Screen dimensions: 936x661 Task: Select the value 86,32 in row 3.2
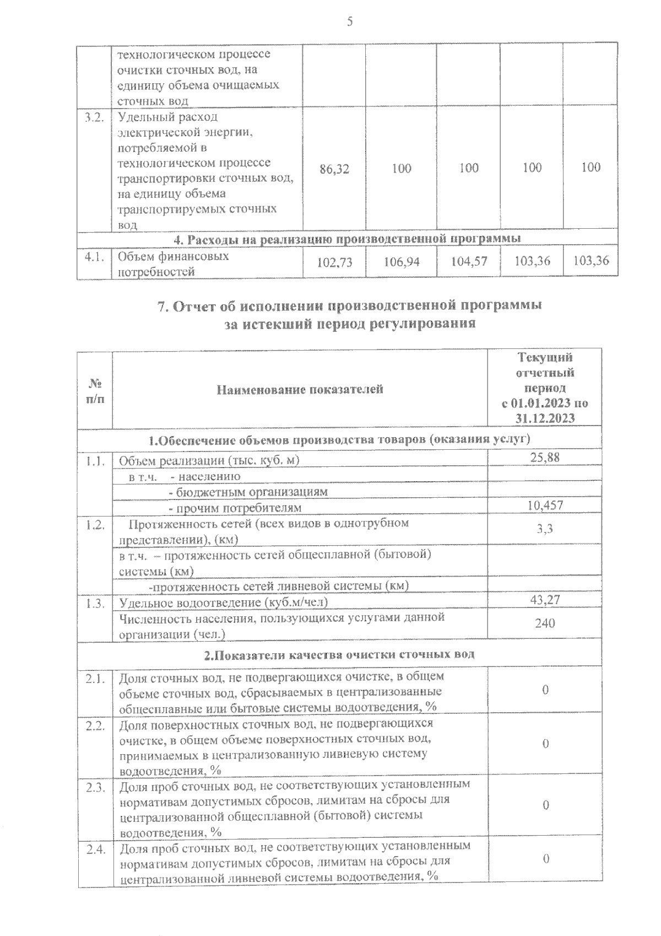334,169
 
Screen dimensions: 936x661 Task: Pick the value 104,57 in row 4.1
469,262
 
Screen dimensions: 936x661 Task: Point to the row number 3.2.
94,117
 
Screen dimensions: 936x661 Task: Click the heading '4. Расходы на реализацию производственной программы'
347,239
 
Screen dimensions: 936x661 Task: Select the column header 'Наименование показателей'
300,390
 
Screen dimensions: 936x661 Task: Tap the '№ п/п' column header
95,390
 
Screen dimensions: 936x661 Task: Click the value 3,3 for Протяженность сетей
545,529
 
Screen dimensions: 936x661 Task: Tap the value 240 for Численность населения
545,623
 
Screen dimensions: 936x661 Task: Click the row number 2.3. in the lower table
95,788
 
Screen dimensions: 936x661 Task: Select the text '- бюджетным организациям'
248,492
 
